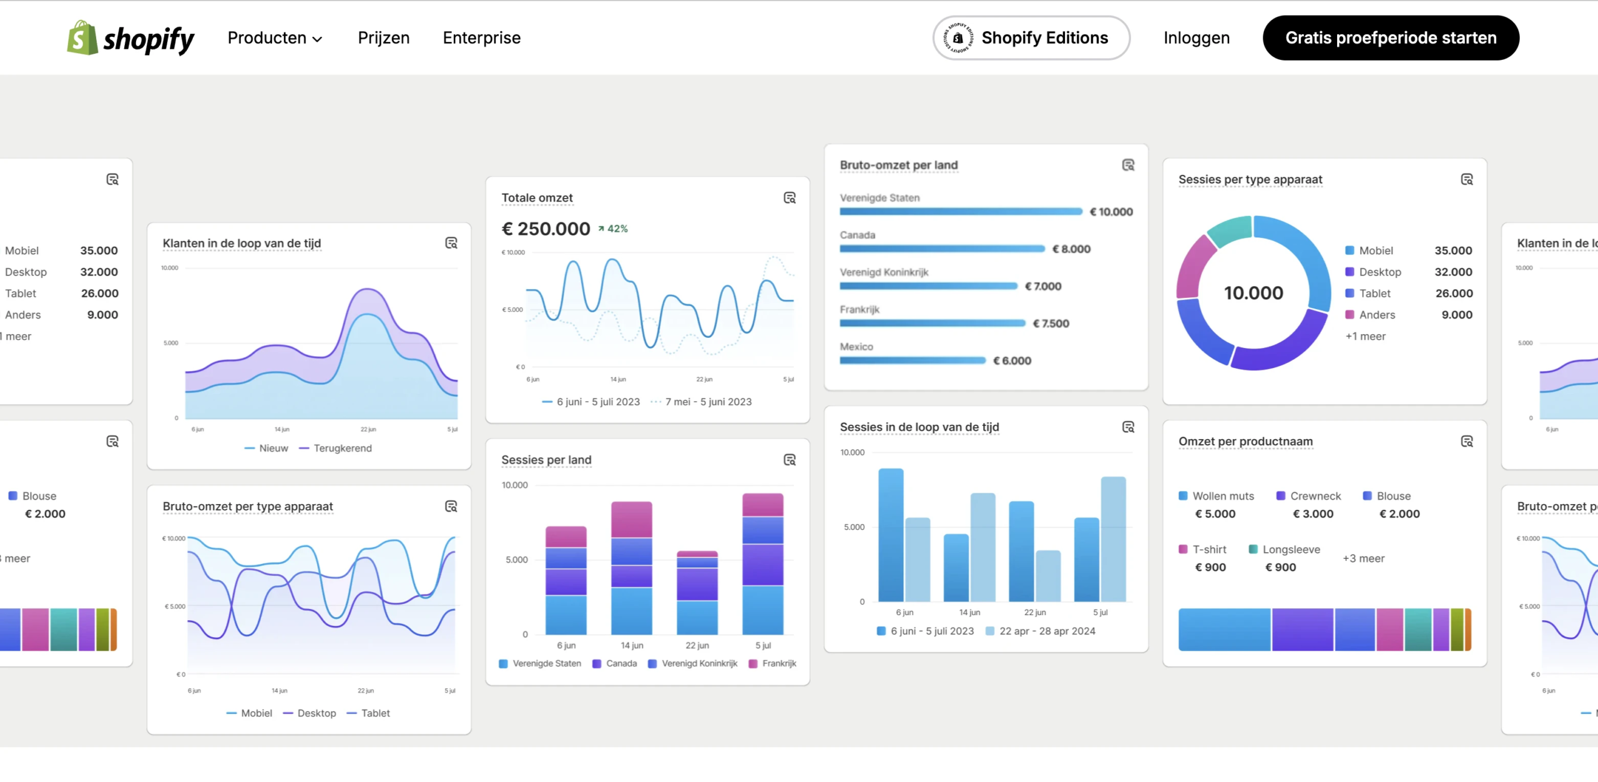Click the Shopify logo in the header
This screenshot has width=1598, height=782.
[130, 38]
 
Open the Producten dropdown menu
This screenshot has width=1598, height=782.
[275, 38]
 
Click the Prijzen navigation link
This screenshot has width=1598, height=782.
[383, 38]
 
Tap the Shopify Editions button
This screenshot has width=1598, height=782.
[1031, 38]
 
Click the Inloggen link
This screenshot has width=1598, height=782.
[1196, 38]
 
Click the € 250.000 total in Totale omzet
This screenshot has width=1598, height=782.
[546, 229]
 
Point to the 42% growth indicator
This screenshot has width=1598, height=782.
[613, 229]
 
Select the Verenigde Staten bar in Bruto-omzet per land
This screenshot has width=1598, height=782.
[960, 212]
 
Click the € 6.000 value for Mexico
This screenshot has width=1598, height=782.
[1012, 361]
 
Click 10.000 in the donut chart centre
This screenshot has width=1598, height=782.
[1253, 293]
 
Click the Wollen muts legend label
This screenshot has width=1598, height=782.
[1222, 496]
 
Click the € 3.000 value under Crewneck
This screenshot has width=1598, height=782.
[1313, 514]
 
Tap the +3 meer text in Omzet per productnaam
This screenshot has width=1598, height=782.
[1363, 558]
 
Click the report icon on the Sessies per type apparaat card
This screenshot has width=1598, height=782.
[1466, 180]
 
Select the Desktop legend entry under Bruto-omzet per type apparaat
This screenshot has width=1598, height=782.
[316, 713]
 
